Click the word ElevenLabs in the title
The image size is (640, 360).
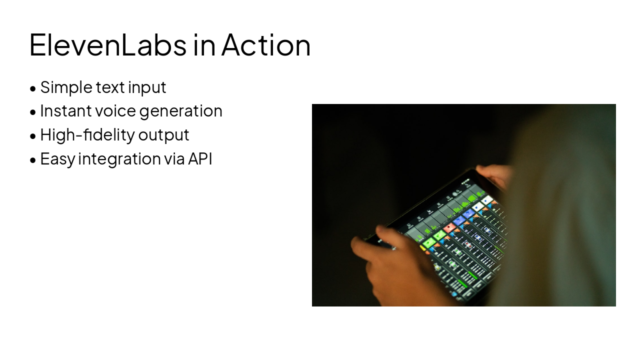pyautogui.click(x=107, y=45)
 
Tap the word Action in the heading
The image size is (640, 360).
pyautogui.click(x=266, y=45)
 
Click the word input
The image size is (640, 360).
pyautogui.click(x=147, y=87)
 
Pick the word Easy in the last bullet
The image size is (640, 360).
pyautogui.click(x=57, y=159)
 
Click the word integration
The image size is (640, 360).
pyautogui.click(x=119, y=159)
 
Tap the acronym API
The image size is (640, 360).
pyautogui.click(x=200, y=159)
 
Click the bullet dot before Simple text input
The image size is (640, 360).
pyautogui.click(x=33, y=89)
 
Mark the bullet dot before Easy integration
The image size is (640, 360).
pyautogui.click(x=33, y=160)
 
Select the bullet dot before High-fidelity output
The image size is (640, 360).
pyautogui.click(x=33, y=136)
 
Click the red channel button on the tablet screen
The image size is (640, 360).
pyautogui.click(x=449, y=228)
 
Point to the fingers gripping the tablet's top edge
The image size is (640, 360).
pyautogui.click(x=492, y=172)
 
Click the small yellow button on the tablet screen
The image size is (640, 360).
pyautogui.click(x=423, y=248)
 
